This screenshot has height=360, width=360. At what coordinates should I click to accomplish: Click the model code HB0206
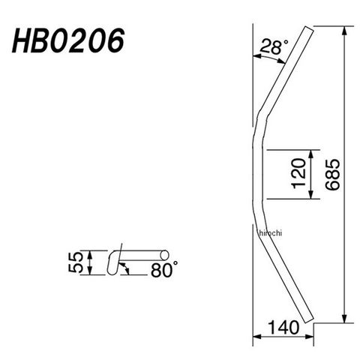(68, 40)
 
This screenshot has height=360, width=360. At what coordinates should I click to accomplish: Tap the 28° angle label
(274, 46)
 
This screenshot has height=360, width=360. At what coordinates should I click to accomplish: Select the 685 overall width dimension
(333, 175)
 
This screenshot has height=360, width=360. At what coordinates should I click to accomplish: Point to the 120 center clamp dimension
(299, 173)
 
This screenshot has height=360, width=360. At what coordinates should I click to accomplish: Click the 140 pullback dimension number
(283, 328)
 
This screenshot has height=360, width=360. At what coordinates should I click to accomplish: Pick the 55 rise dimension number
(76, 262)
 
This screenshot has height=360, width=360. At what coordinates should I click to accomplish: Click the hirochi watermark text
(271, 233)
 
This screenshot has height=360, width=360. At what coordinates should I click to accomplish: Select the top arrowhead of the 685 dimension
(344, 31)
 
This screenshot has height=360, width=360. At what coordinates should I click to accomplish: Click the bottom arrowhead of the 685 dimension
(344, 318)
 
